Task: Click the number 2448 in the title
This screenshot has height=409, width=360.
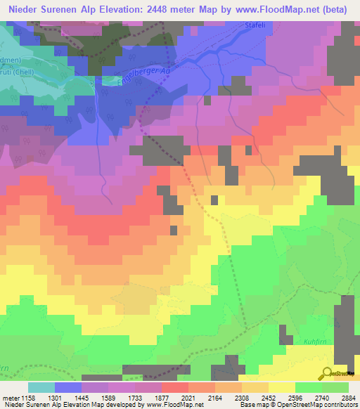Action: [x=161, y=10]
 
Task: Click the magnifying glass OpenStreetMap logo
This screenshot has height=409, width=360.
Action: [x=326, y=373]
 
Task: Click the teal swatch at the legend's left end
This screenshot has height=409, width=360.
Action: [x=41, y=387]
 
